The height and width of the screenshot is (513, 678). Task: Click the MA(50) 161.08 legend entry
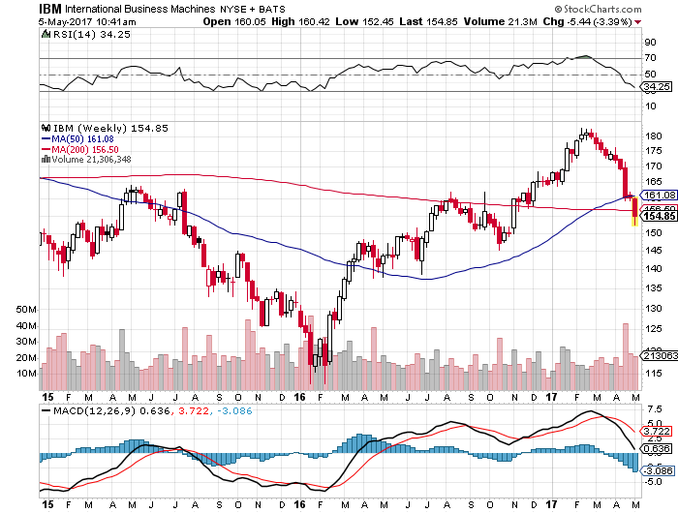click(78, 138)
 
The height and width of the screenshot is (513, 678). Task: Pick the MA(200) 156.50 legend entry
click(81, 149)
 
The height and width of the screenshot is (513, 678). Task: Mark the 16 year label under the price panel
click(299, 397)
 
